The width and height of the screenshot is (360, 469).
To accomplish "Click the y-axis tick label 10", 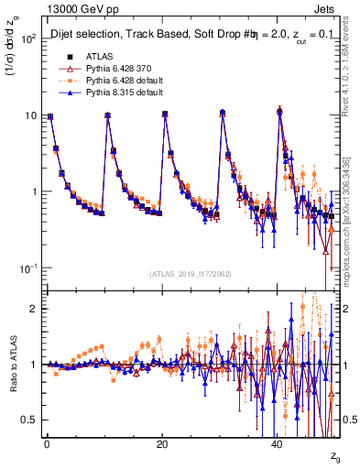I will pos(29,115).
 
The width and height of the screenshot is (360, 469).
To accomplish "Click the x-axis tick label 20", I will pos(162,442).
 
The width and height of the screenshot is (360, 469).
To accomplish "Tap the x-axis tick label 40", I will pos(278,442).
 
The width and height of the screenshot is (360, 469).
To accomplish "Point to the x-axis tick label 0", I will pos(47,442).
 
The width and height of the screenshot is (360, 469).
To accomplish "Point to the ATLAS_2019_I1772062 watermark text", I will pos(191,274).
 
